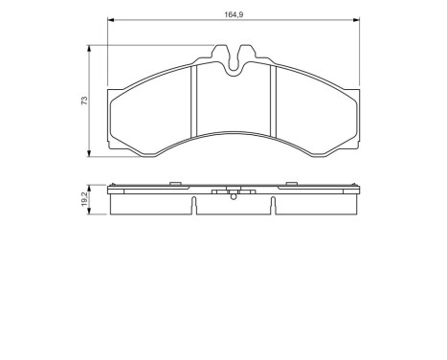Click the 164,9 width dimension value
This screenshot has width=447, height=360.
232,14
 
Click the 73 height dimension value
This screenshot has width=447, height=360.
85,101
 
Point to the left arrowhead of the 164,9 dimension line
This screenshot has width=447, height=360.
109,21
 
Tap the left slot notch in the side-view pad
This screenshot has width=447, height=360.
194,205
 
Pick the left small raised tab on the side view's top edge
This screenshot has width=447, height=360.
173,184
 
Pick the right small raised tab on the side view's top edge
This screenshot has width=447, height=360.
292,184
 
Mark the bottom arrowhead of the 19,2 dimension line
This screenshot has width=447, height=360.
91,215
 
